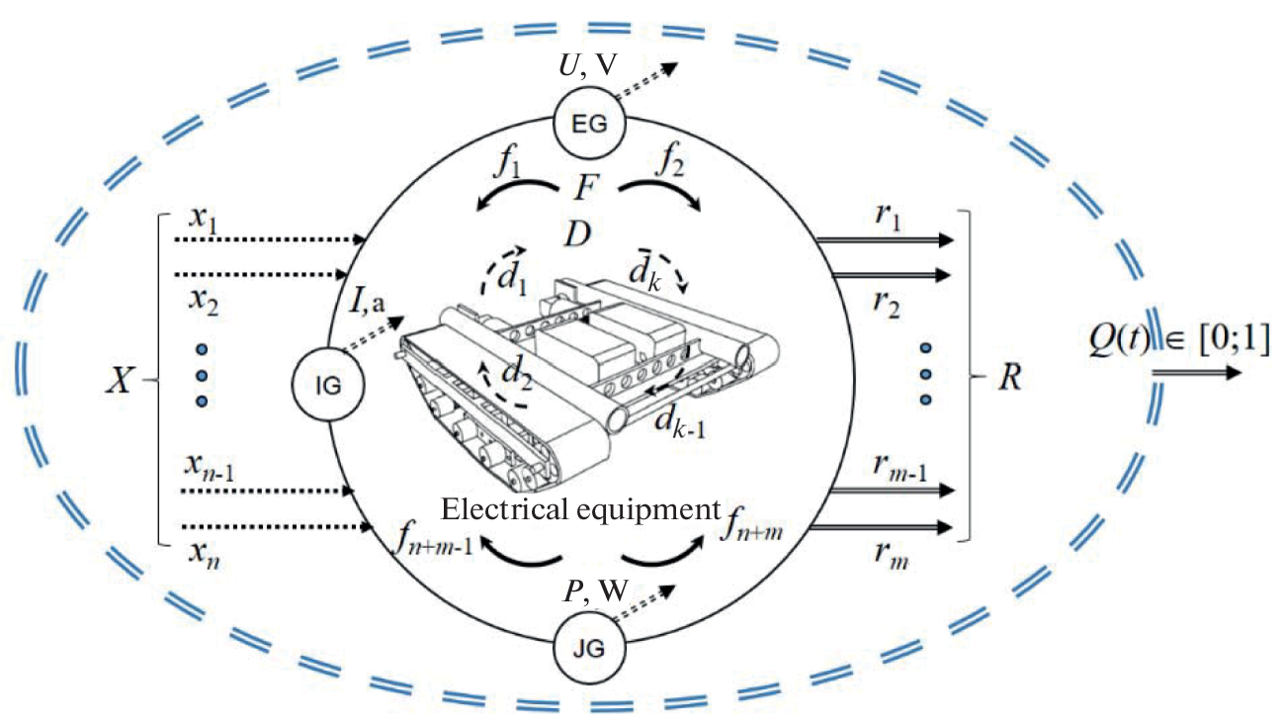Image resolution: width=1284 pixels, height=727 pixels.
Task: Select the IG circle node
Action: [x=328, y=385]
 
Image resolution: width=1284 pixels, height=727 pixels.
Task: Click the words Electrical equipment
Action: [x=578, y=510]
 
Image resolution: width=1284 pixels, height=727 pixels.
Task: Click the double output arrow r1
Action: [x=885, y=239]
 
